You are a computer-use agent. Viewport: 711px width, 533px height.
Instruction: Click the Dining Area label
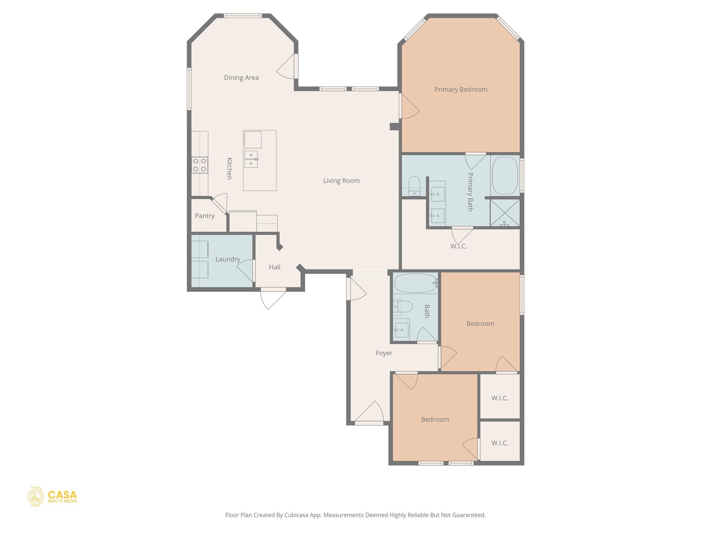241,78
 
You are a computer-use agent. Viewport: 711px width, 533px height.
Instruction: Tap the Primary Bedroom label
461,90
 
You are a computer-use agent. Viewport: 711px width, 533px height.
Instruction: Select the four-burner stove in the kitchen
200,165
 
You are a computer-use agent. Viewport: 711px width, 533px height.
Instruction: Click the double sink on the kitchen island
251,159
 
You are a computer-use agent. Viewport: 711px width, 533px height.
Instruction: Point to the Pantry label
204,216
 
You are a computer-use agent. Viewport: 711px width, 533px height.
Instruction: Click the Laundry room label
227,259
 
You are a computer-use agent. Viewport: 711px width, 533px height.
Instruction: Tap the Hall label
274,267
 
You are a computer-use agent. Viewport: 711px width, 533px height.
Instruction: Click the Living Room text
341,181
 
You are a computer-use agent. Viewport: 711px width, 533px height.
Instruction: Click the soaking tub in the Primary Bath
505,176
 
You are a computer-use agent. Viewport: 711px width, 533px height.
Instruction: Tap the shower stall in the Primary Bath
504,213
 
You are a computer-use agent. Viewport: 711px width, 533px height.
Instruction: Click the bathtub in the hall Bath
415,283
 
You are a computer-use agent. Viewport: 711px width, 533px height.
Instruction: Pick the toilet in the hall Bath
404,307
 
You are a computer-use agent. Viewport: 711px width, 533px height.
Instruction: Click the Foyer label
384,353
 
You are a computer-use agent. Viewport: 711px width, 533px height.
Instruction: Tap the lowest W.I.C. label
500,443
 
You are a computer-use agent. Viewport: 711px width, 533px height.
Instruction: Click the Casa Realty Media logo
52,497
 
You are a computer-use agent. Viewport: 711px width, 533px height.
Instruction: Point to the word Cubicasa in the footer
297,515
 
